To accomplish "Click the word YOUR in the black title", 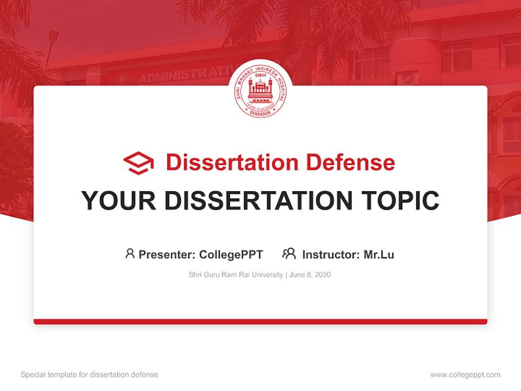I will [118, 201].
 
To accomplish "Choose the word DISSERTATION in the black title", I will [258, 201].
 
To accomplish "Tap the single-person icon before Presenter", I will [130, 254].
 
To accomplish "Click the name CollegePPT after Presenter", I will [231, 254].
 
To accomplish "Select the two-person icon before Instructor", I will [289, 254].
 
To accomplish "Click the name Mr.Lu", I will [379, 254].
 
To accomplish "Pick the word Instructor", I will [330, 254].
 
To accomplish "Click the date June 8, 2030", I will [310, 275].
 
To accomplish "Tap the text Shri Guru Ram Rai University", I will [236, 275].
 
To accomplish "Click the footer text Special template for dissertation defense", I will [89, 375].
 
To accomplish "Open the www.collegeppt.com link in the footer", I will [465, 375].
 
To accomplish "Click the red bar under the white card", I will [260, 321].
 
